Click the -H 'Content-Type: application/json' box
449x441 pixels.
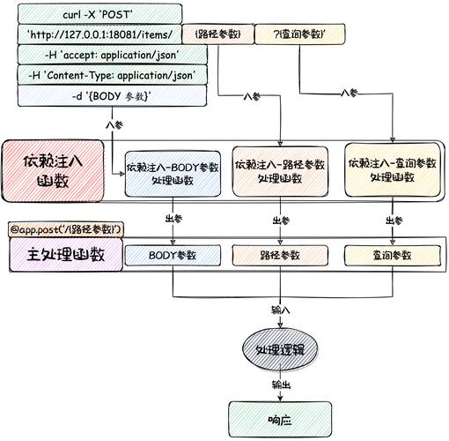tap(111, 75)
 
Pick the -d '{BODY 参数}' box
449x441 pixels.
tap(111, 95)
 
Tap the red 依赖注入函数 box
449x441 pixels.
tap(53, 170)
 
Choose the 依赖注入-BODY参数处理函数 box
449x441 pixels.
tap(172, 172)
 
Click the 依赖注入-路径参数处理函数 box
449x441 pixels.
tap(279, 170)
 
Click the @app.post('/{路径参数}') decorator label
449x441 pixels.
tap(67, 230)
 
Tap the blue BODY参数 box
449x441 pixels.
tap(173, 256)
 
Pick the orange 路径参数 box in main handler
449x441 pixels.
tap(279, 256)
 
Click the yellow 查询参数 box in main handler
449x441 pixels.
tap(390, 256)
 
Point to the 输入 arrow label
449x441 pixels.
tap(280, 310)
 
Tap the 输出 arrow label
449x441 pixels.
tap(280, 385)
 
